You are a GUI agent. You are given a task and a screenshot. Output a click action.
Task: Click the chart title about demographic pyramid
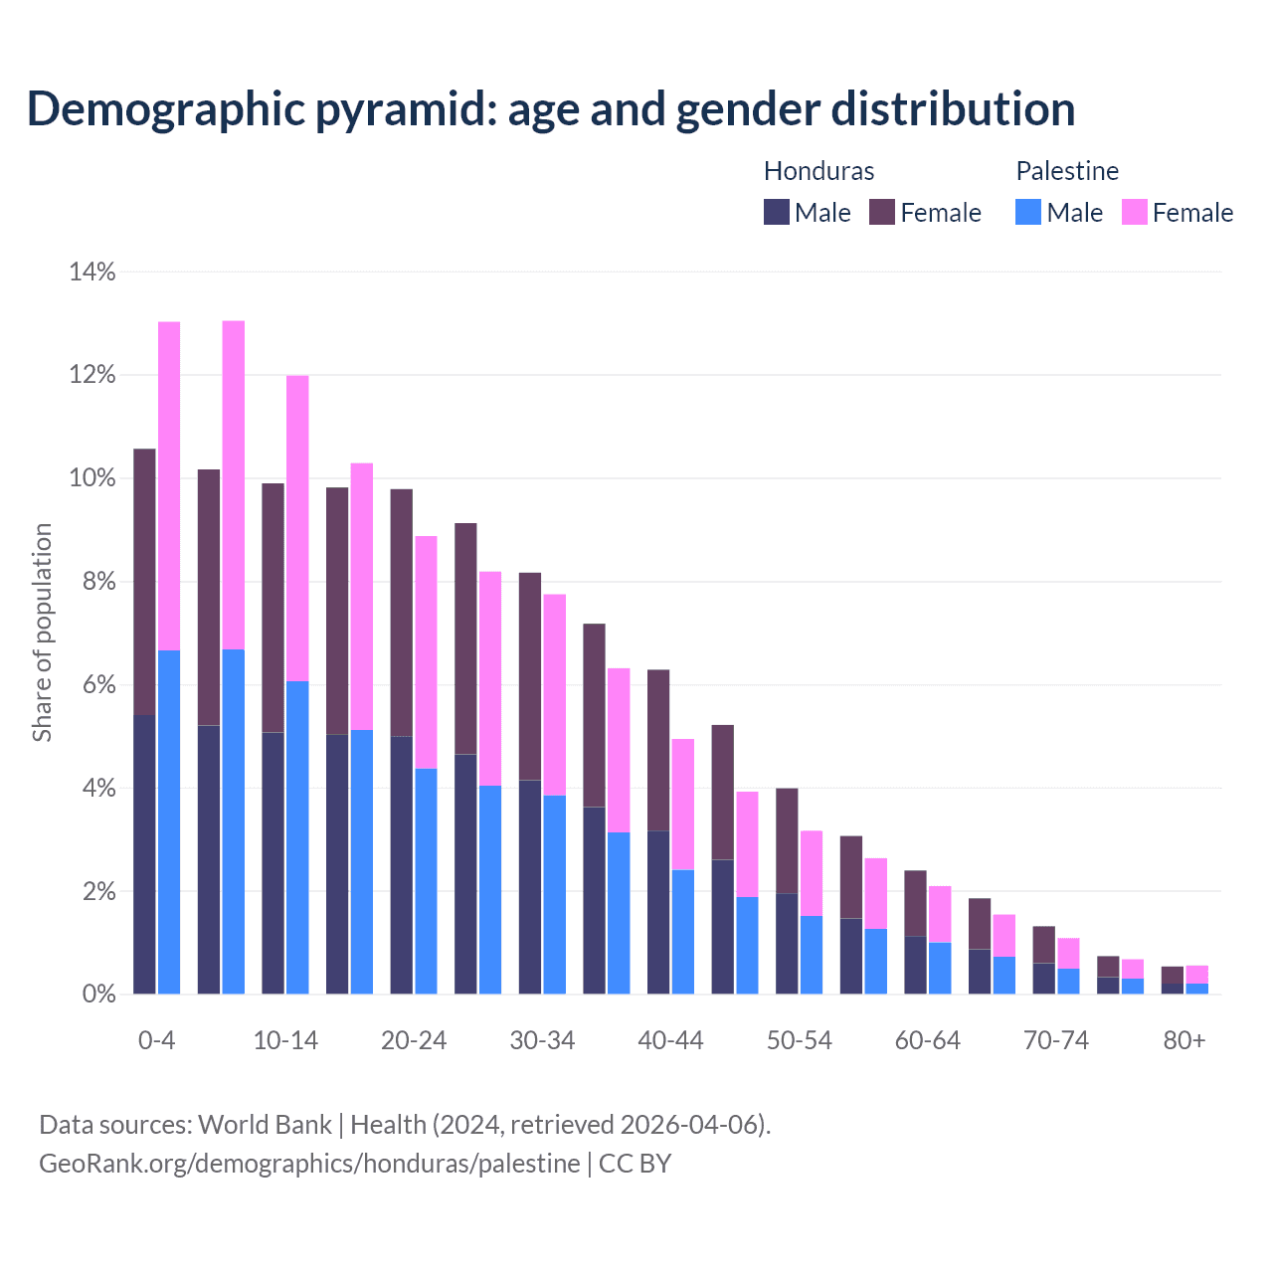click(550, 108)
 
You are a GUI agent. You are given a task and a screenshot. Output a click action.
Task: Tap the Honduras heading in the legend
click(818, 171)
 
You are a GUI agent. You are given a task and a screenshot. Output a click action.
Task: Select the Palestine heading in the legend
click(1067, 171)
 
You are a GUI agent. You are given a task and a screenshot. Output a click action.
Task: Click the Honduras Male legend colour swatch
click(777, 212)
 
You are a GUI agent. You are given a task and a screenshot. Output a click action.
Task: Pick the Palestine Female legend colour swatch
click(1134, 212)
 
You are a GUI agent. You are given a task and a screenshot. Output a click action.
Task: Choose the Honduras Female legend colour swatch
click(882, 212)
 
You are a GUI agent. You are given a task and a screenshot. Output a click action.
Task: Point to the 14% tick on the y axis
click(92, 272)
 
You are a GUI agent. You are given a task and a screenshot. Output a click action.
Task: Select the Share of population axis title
click(42, 633)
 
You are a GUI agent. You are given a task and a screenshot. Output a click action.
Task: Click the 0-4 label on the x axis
click(156, 1040)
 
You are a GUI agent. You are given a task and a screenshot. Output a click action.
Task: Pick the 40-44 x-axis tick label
click(670, 1040)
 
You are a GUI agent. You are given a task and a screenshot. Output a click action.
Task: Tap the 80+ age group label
click(1184, 1040)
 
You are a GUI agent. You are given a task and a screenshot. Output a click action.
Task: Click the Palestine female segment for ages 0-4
click(169, 485)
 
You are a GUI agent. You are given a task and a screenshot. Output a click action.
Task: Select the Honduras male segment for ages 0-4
click(144, 853)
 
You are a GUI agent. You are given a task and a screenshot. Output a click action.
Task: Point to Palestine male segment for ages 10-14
click(297, 837)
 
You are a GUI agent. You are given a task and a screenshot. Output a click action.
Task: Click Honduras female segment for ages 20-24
click(401, 612)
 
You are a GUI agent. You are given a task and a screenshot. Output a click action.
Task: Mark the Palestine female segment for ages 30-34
click(554, 694)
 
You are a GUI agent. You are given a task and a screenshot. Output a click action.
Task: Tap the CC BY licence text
click(635, 1163)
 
